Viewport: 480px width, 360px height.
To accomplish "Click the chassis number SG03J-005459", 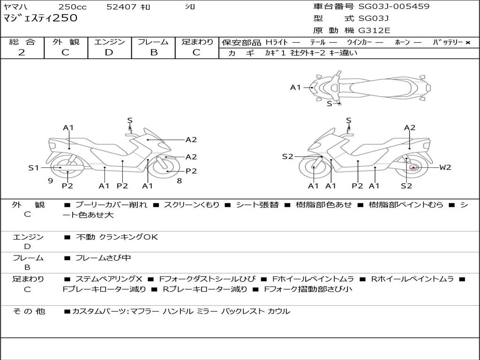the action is [394, 7].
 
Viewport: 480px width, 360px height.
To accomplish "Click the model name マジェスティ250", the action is [40, 18].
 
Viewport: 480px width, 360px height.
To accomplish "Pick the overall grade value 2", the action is [22, 52].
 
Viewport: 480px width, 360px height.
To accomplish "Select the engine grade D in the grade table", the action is [109, 52].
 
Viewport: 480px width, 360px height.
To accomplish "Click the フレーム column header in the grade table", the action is [153, 42].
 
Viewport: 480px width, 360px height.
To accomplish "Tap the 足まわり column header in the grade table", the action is [197, 42].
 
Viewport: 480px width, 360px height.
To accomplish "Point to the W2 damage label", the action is [445, 167].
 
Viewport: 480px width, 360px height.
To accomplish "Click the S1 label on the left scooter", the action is [34, 167].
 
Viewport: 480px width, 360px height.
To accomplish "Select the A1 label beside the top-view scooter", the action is [295, 87].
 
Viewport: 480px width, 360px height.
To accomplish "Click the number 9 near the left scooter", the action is [50, 180].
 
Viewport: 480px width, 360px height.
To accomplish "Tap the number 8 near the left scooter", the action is [179, 180].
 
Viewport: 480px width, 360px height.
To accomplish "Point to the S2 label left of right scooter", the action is [287, 157].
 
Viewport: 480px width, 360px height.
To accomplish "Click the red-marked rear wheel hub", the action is [413, 167].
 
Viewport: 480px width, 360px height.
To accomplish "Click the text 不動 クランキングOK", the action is [117, 237].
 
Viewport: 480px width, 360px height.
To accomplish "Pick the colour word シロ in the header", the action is [189, 7].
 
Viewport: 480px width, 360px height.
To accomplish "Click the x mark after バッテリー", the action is [467, 43].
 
